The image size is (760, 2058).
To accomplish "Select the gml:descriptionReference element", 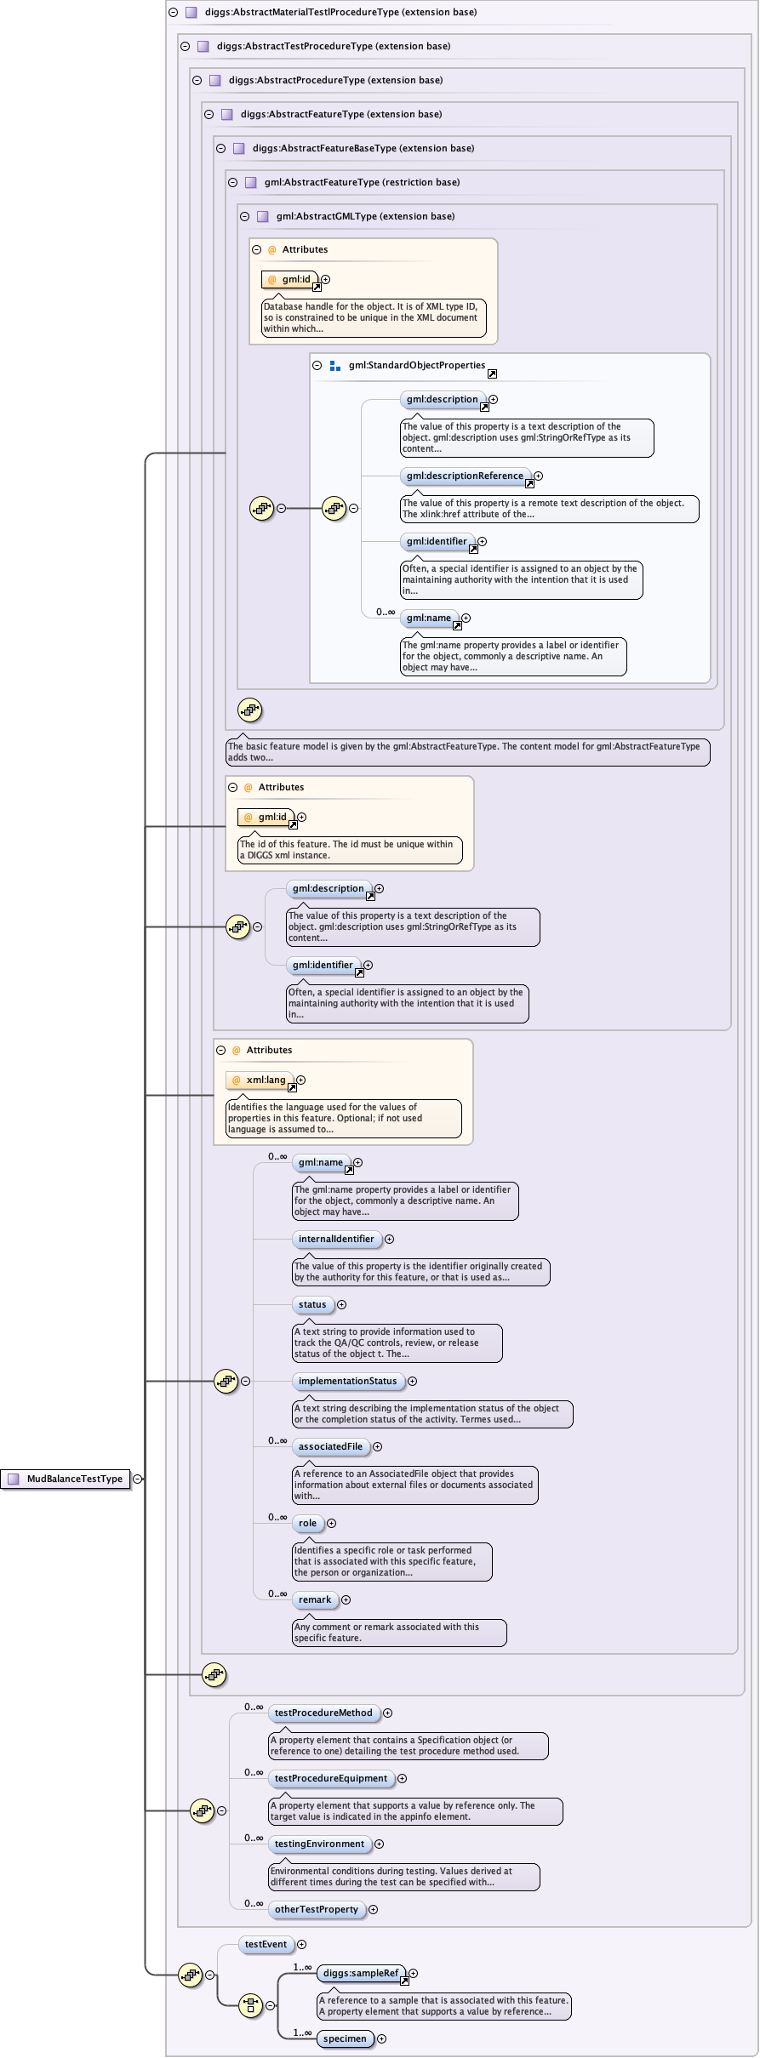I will click(x=465, y=476).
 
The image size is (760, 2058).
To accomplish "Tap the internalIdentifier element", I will click(x=335, y=1240).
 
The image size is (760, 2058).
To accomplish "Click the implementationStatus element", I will click(x=347, y=1382).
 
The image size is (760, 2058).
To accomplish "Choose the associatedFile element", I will click(x=330, y=1447).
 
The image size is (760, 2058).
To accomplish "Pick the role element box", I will click(x=307, y=1524).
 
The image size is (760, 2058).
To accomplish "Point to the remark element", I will click(x=315, y=1600).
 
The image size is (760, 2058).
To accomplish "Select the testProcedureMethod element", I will click(x=323, y=1713).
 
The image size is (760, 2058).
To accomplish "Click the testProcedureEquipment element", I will click(x=330, y=1779).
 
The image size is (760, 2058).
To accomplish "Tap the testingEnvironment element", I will click(x=319, y=1844).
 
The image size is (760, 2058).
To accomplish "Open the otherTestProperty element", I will click(x=317, y=1910).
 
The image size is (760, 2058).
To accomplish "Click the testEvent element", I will click(x=266, y=1945).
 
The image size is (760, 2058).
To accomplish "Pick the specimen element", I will click(x=345, y=2039).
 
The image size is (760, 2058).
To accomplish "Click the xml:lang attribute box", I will click(x=260, y=1080).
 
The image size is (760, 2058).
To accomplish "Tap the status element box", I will click(x=312, y=1305).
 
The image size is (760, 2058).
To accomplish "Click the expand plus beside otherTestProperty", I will click(x=373, y=1910).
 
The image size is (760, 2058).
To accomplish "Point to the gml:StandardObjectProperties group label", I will click(x=416, y=366).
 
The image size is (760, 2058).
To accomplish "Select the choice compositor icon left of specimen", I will click(x=250, y=2005).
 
